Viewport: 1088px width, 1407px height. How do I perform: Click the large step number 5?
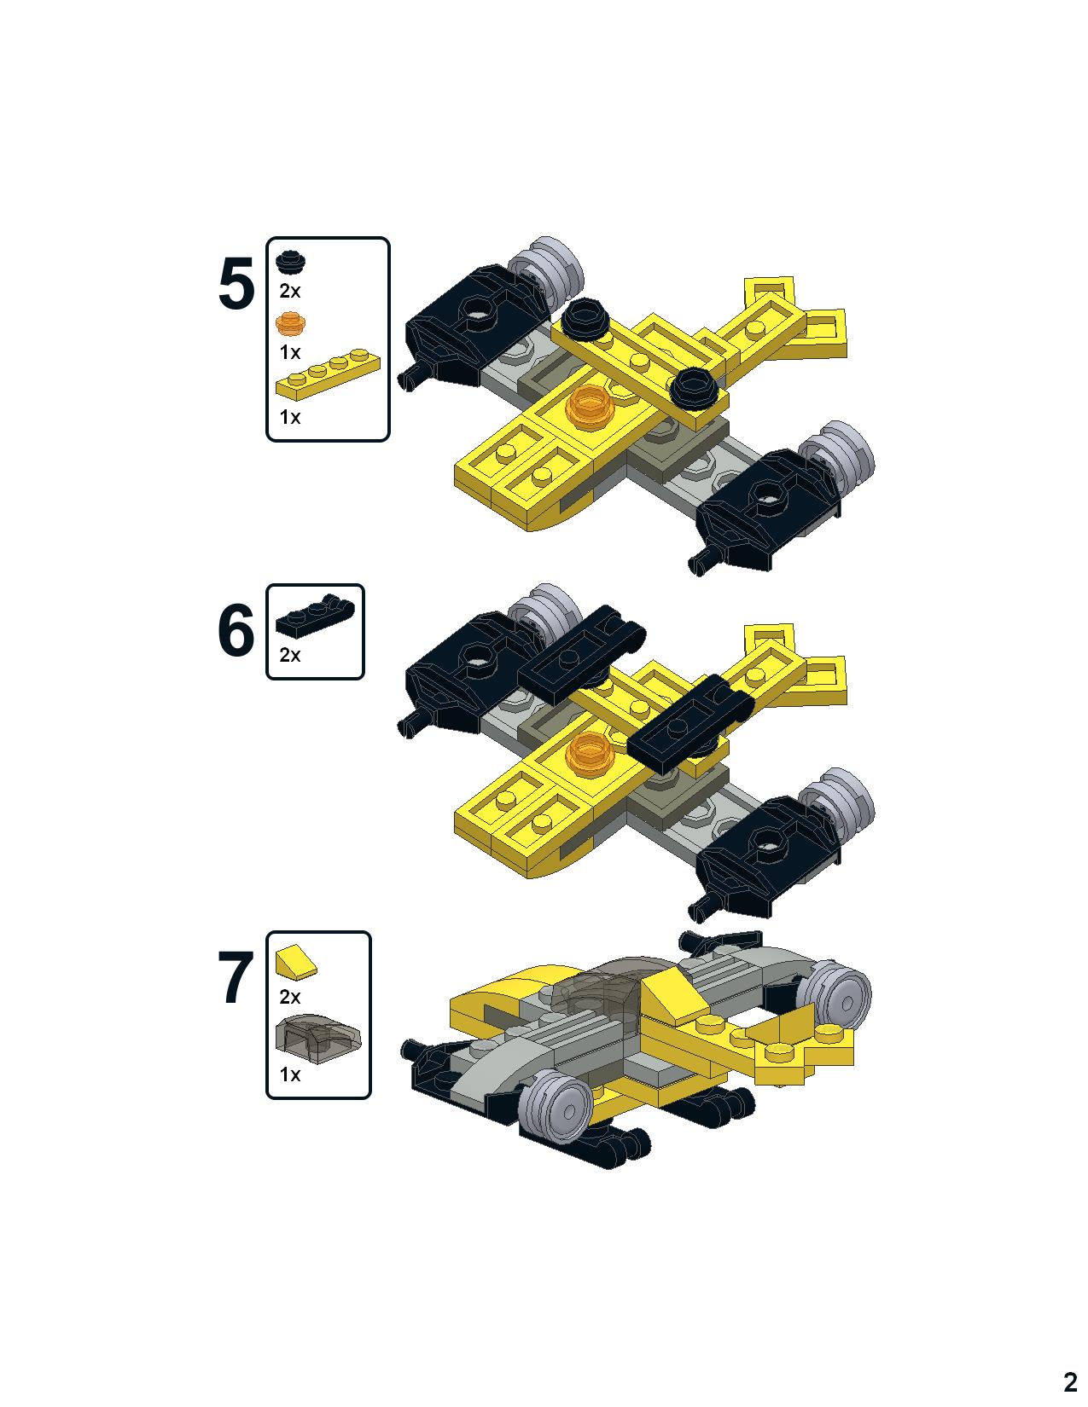236,284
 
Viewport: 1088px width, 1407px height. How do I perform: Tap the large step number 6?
236,630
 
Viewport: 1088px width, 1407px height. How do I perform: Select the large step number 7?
236,978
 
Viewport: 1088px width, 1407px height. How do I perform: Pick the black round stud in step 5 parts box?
291,262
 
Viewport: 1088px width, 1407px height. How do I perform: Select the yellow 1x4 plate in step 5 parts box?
328,376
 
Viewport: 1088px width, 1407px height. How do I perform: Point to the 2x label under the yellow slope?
289,997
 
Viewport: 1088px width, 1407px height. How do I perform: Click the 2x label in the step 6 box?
289,655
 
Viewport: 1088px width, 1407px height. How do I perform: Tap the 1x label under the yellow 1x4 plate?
289,417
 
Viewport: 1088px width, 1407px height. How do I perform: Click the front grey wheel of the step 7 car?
556,1109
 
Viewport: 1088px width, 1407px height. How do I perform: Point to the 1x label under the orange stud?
289,352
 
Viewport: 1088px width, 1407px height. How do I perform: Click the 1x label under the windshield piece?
289,1074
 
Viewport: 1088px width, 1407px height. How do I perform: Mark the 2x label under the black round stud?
289,292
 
